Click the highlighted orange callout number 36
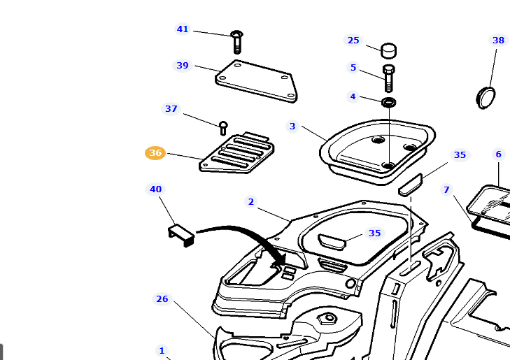(155, 153)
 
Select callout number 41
(183, 29)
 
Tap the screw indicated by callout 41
(236, 41)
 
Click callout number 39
(183, 66)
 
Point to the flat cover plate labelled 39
(256, 79)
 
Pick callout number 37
(171, 109)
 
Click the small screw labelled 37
(223, 127)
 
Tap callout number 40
(155, 189)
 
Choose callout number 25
(353, 41)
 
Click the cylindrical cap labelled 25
(389, 50)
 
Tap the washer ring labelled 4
(389, 103)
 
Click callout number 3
(292, 127)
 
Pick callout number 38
(498, 41)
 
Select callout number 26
(162, 299)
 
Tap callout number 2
(250, 202)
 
